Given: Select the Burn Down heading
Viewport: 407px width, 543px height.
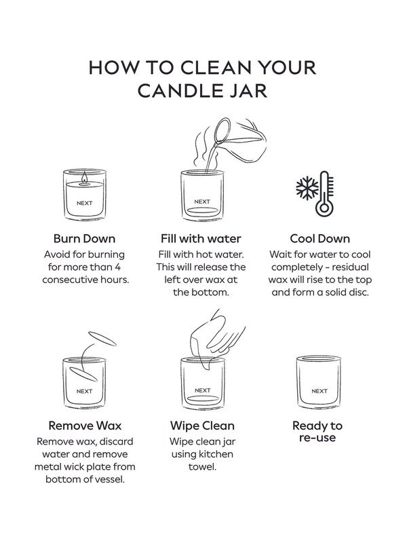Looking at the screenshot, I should [84, 239].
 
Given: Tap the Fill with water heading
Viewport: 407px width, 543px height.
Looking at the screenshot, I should [201, 239].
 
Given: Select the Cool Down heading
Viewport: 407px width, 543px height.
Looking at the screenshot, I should [319, 239].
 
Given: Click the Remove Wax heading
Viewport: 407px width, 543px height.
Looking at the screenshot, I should [84, 426].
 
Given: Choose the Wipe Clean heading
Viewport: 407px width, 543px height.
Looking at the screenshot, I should [201, 426].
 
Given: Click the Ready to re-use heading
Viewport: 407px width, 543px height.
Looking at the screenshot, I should [317, 432].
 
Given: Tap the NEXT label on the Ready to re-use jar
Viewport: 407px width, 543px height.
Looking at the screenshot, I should [319, 391].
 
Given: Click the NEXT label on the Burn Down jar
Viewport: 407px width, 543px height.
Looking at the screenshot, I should [84, 202].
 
